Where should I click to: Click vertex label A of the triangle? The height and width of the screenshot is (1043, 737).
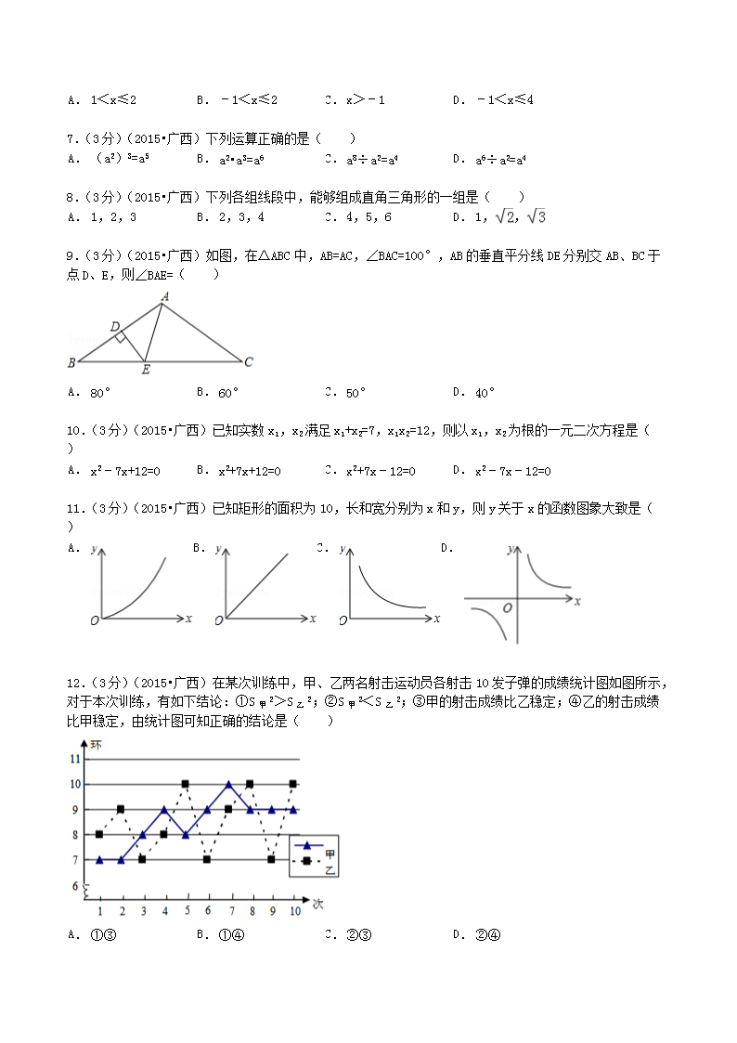coord(164,296)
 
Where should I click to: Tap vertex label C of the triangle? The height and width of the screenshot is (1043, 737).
coord(249,362)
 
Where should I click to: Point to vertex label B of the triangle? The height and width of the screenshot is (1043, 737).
coord(71,362)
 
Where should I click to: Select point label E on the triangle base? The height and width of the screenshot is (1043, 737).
coord(145,370)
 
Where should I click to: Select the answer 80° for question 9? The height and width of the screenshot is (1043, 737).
coord(101,393)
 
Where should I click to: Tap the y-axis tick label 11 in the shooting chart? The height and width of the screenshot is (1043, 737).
coord(76,759)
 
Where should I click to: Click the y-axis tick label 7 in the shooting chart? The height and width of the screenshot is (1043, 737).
coord(76,860)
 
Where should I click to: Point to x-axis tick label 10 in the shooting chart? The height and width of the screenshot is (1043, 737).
coord(294,911)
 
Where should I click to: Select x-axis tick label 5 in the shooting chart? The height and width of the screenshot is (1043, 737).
coord(186,911)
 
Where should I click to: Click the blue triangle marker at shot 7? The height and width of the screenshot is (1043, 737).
coord(228,784)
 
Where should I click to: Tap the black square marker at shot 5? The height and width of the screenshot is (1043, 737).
coord(186,784)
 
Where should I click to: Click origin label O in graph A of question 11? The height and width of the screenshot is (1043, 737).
coord(94,619)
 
